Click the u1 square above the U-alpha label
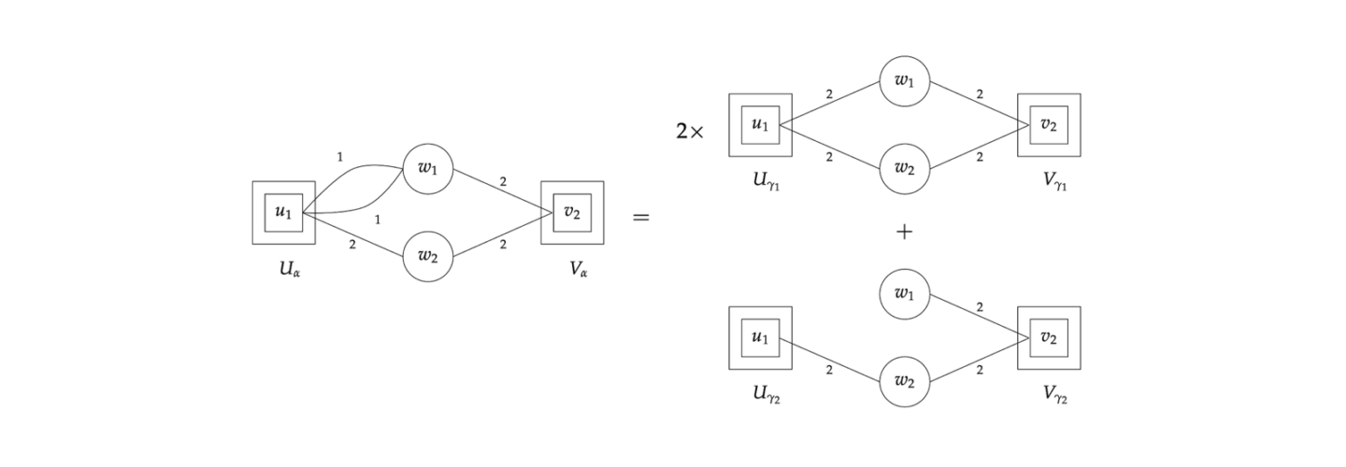283,213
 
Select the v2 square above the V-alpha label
572,213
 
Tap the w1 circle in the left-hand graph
428,169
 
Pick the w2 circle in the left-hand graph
428,257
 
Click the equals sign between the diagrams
641,219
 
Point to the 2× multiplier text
690,132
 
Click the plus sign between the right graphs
904,233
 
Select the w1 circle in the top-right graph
905,81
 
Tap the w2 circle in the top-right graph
905,169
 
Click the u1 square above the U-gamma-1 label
760,125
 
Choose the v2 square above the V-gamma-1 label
1049,125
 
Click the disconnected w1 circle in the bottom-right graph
905,295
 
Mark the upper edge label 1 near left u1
339,157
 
